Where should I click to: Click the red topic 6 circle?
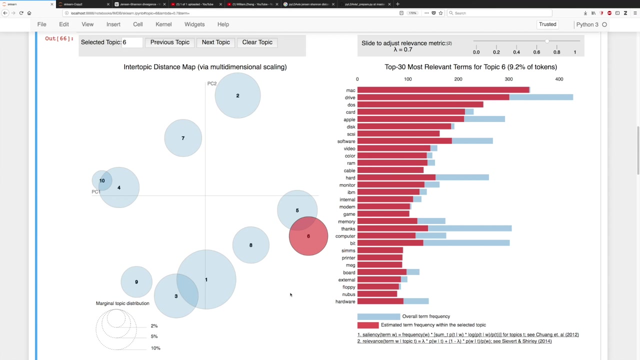(308, 236)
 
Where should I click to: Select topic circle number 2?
(237, 95)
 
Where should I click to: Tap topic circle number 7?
(183, 138)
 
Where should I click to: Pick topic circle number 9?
(136, 282)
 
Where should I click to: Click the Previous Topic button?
(170, 42)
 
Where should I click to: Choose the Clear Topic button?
(257, 42)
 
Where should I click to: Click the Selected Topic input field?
(132, 42)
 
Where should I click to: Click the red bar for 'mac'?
(443, 90)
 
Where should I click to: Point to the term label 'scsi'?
(351, 134)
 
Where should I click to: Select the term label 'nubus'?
(348, 294)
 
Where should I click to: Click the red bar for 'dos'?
(420, 105)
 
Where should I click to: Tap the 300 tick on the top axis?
(508, 79)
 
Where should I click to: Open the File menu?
(42, 24)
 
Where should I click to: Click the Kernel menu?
(163, 24)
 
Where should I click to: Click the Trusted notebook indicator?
(547, 24)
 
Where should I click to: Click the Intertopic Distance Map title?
(205, 67)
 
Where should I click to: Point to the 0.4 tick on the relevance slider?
(516, 52)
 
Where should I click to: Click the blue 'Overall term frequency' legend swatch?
(378, 316)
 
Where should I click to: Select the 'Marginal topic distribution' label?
(122, 303)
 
